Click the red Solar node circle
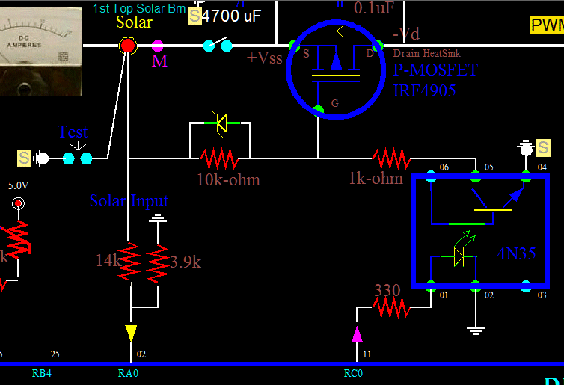[128, 46]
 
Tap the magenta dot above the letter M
[158, 46]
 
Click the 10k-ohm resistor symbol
[218, 158]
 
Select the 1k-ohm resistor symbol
[392, 158]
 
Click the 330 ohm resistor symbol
[392, 307]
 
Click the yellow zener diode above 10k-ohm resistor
[219, 124]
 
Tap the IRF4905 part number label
[424, 91]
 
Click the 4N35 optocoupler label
[516, 253]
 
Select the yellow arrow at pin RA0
[131, 333]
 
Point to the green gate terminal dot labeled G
[319, 110]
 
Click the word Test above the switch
[73, 133]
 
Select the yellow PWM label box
[546, 25]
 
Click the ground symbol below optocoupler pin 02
[473, 327]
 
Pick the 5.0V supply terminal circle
[18, 203]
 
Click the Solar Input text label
[129, 200]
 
